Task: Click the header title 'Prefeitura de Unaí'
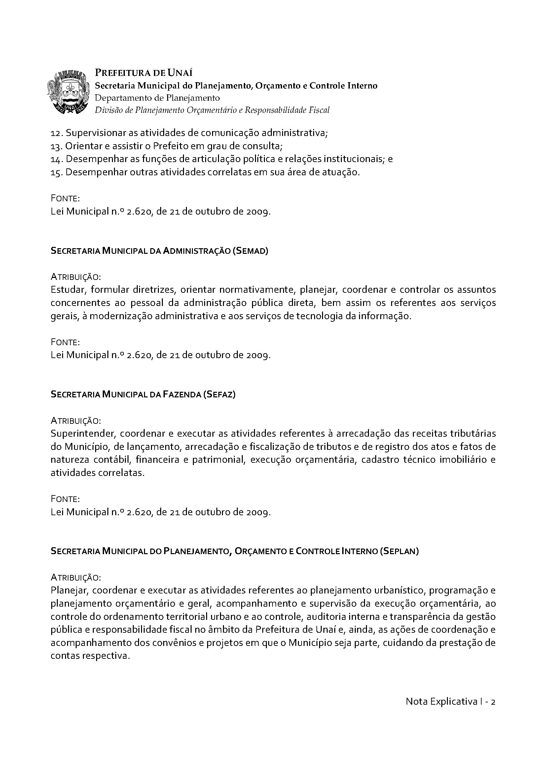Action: point(144,73)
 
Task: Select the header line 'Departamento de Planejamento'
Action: point(157,98)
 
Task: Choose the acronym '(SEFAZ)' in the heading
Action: point(219,394)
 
